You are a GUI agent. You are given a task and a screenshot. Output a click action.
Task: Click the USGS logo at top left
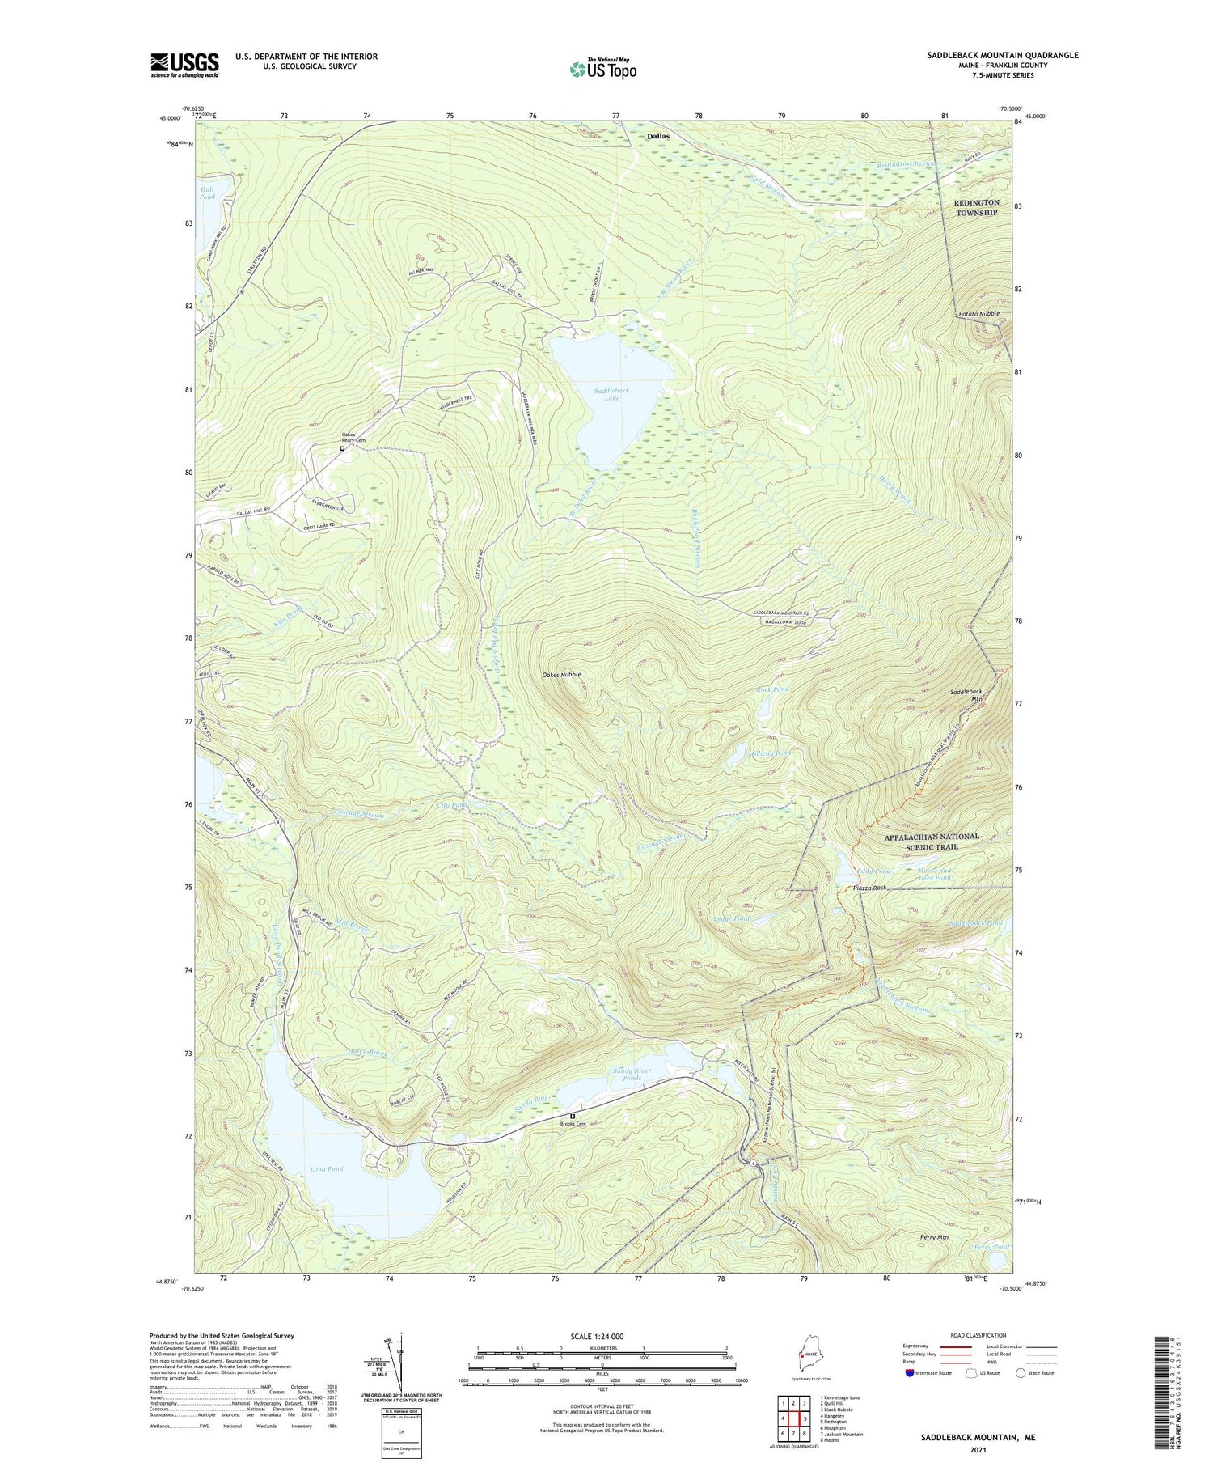coord(184,65)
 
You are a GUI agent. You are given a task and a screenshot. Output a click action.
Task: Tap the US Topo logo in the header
coord(602,70)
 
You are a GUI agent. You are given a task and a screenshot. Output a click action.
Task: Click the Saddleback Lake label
coord(611,394)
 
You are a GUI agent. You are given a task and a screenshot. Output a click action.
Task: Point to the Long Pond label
coord(326,1168)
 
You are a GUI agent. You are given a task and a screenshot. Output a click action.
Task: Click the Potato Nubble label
coord(978,313)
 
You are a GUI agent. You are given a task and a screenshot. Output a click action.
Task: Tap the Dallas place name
coord(657,136)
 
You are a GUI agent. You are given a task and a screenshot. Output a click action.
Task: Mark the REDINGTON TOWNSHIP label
coord(976,207)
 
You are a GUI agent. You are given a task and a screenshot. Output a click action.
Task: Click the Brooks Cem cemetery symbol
coord(573,1116)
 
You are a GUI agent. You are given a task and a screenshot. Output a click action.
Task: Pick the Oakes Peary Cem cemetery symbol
coord(342,447)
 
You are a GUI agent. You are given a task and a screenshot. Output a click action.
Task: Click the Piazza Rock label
coord(869,888)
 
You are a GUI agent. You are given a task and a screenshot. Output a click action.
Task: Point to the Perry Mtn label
coord(934,1237)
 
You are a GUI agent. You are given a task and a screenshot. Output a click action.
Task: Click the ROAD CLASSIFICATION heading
coord(978,1335)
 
